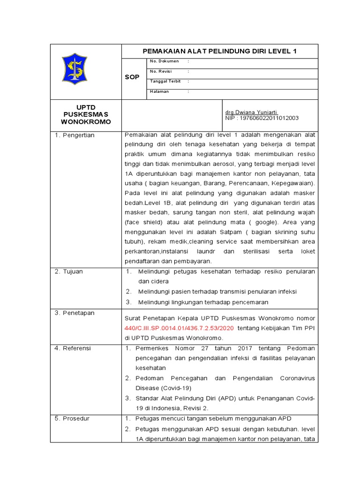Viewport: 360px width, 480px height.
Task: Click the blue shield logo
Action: [74, 69]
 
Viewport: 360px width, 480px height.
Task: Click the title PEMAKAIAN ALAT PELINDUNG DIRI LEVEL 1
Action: [219, 51]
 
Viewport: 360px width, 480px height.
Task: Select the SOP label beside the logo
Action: [132, 77]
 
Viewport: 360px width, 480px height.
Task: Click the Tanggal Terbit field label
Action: [165, 81]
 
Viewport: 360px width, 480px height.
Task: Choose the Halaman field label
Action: [159, 91]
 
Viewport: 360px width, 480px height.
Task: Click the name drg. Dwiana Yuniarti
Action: [251, 112]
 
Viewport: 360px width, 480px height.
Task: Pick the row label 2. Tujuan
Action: [70, 271]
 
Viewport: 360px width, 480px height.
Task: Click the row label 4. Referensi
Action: [75, 348]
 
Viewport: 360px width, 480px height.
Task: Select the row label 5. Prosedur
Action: [74, 418]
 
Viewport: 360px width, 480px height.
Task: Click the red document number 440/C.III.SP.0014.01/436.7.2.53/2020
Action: [180, 328]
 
